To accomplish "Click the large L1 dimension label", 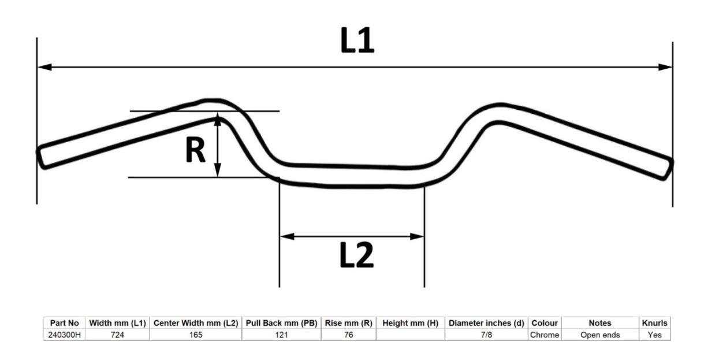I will point(357,41).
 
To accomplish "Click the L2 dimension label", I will point(356,255).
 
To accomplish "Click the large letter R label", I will point(195,151).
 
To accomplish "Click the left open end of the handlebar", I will point(42,157).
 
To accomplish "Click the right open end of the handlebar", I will point(668,168).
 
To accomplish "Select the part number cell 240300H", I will point(64,335).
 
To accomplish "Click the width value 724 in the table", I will point(117,335).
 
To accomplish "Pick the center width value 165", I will point(195,335).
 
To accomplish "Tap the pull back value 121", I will point(281,335).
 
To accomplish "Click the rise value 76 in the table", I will point(348,335).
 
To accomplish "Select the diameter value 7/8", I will point(486,335).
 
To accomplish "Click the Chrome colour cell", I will point(544,335).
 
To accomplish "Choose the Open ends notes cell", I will point(600,335).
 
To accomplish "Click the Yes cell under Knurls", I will point(654,335).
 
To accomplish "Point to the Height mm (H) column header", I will point(410,324).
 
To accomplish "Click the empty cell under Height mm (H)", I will point(410,335).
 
